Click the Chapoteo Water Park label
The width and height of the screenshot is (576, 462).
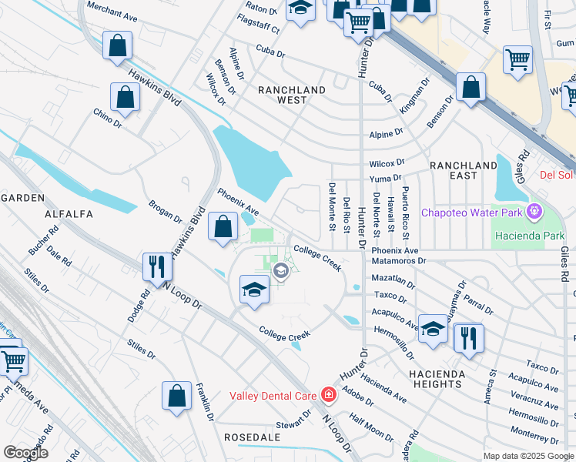coord(471,212)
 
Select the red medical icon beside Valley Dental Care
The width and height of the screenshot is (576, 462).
coord(329,395)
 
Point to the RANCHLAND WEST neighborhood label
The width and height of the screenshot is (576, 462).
coord(292,95)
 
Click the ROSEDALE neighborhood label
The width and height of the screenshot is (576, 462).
coord(246,437)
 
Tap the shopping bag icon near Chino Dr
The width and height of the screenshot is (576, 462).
coord(125,97)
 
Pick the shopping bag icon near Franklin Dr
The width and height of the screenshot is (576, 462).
coord(176,396)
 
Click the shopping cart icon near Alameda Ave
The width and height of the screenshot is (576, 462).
coord(12,360)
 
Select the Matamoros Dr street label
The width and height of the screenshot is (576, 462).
coord(399,261)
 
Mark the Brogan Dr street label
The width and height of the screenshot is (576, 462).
coord(165,213)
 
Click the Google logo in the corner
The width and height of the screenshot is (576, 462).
coord(26,453)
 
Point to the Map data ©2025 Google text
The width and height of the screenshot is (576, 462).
coord(527,456)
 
